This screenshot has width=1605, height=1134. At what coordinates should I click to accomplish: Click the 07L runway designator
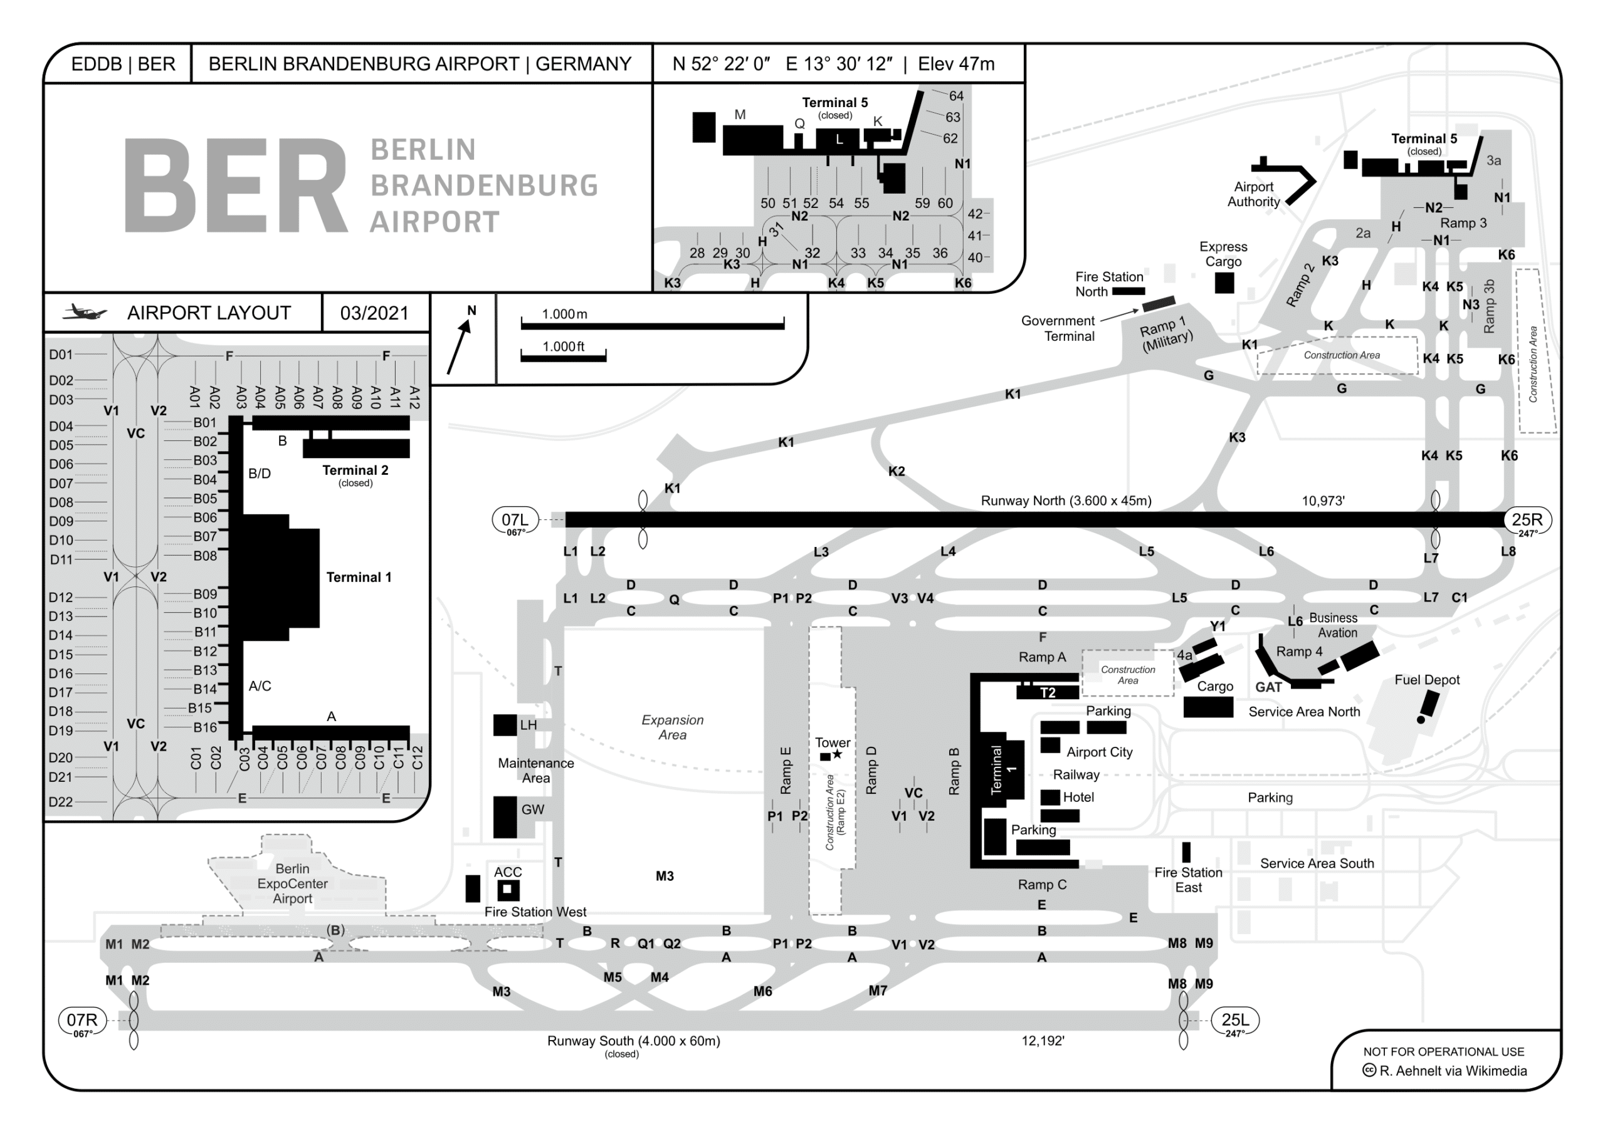tap(515, 521)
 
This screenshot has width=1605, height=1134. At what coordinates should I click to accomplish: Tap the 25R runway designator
tap(1527, 520)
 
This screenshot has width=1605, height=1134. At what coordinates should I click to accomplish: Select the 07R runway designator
tap(82, 1020)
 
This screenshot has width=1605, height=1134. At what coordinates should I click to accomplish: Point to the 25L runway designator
tap(1234, 1020)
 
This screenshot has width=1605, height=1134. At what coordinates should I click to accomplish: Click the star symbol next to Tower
tap(838, 754)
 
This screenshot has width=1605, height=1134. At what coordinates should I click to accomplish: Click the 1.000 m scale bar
tap(652, 326)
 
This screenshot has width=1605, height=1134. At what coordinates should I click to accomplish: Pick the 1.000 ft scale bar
tap(564, 358)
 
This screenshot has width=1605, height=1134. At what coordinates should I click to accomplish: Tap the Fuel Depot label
tap(1427, 680)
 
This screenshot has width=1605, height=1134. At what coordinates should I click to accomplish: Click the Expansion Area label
tap(673, 727)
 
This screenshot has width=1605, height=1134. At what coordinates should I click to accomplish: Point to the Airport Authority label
tap(1253, 194)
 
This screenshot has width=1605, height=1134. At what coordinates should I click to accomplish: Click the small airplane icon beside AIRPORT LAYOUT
tap(85, 313)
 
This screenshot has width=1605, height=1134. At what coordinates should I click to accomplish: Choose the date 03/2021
tap(374, 313)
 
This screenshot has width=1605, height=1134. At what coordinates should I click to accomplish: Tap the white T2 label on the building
tap(1047, 692)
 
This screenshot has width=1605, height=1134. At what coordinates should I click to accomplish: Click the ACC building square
tap(507, 890)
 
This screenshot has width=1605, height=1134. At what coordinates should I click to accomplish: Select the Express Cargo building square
tap(1224, 283)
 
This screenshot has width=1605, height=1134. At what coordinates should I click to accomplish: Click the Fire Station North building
tap(1129, 291)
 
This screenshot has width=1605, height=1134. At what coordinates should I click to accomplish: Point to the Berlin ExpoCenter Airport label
tap(292, 884)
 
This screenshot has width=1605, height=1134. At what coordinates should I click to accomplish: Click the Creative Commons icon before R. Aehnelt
tap(1369, 1071)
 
